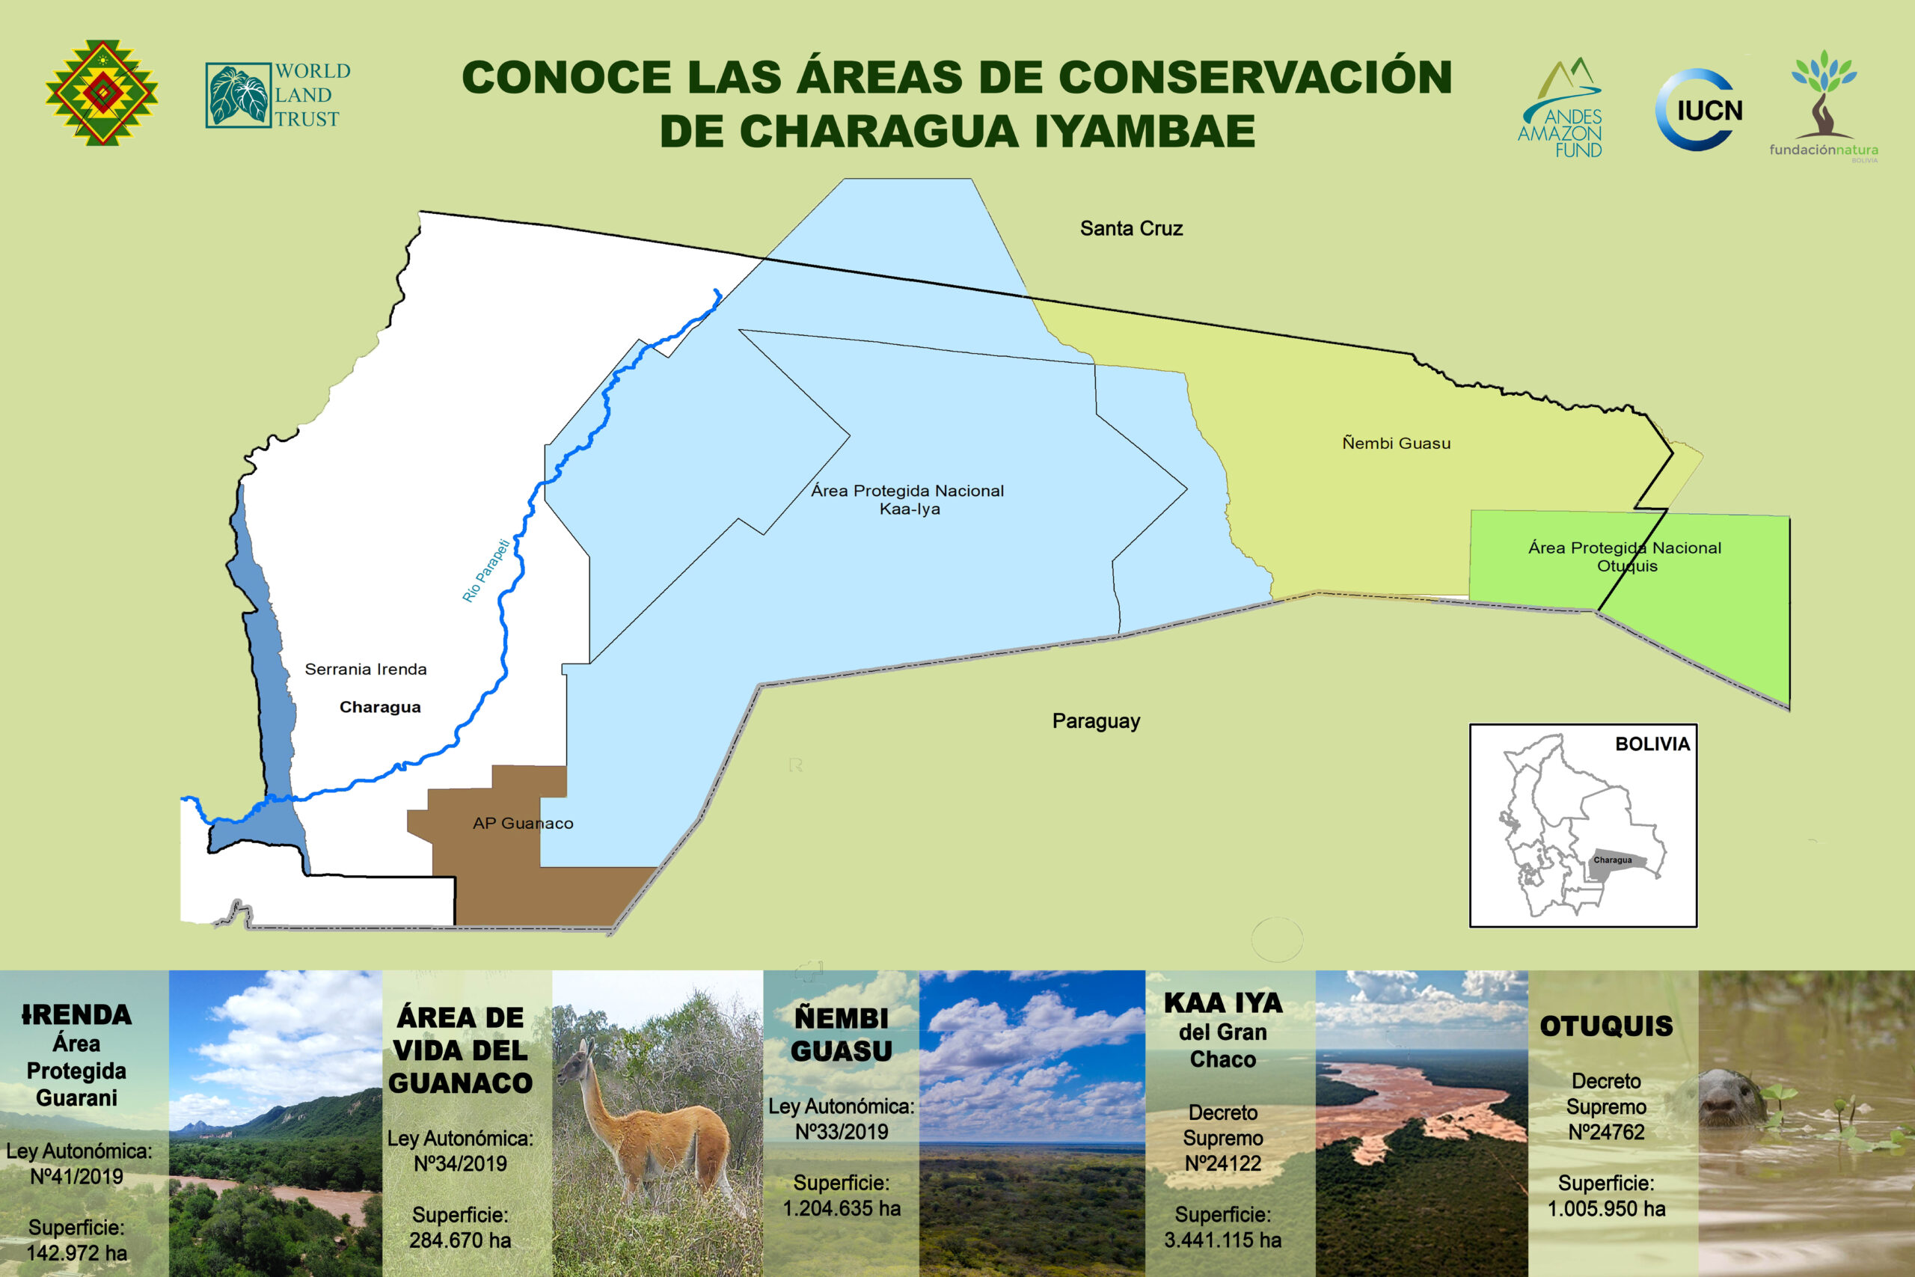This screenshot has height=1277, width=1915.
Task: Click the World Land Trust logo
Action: point(278,95)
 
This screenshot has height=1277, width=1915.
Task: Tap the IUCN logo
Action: point(1700,110)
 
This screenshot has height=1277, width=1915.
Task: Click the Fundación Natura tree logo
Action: point(1824,106)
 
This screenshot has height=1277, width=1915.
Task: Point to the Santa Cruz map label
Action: point(1131,229)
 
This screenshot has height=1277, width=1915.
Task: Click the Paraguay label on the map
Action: point(1096,720)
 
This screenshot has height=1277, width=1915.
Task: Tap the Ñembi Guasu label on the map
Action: point(1397,443)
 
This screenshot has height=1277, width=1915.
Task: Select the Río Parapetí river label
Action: point(486,570)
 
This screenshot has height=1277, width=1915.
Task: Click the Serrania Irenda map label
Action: point(366,670)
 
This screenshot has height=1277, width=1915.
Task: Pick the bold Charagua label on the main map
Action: point(380,707)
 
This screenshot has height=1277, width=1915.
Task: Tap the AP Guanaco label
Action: point(523,824)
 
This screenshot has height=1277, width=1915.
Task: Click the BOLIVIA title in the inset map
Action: point(1652,744)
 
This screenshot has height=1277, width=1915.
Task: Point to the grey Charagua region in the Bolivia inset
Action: point(1617,866)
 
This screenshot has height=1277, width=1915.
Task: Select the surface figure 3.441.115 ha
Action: point(1223,1240)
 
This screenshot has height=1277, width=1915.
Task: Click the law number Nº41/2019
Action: point(76,1176)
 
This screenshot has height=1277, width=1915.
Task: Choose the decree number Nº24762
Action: point(1606,1132)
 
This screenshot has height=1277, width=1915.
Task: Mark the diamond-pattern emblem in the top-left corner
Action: point(102,93)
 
